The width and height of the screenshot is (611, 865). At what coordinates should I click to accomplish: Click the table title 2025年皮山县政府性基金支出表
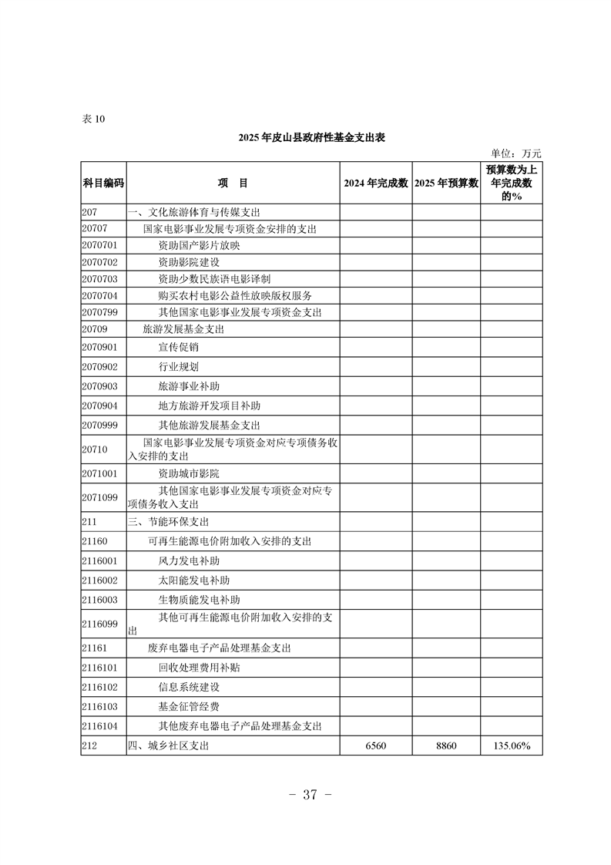pyautogui.click(x=311, y=137)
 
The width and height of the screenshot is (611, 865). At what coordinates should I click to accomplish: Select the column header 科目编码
pyautogui.click(x=103, y=183)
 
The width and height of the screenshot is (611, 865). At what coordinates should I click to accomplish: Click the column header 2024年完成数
pyautogui.click(x=375, y=183)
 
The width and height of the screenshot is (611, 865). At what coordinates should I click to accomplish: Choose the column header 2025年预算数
pyautogui.click(x=446, y=183)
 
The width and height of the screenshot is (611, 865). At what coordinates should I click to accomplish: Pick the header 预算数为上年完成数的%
pyautogui.click(x=512, y=183)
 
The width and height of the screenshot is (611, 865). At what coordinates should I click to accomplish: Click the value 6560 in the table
pyautogui.click(x=375, y=746)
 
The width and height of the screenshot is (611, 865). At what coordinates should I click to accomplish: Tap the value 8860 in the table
pyautogui.click(x=446, y=746)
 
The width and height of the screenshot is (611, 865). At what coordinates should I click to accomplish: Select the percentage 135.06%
pyautogui.click(x=512, y=746)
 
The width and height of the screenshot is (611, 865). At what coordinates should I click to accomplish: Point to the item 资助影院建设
pyautogui.click(x=189, y=263)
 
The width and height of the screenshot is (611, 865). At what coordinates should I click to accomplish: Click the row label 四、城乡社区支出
pyautogui.click(x=167, y=746)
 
